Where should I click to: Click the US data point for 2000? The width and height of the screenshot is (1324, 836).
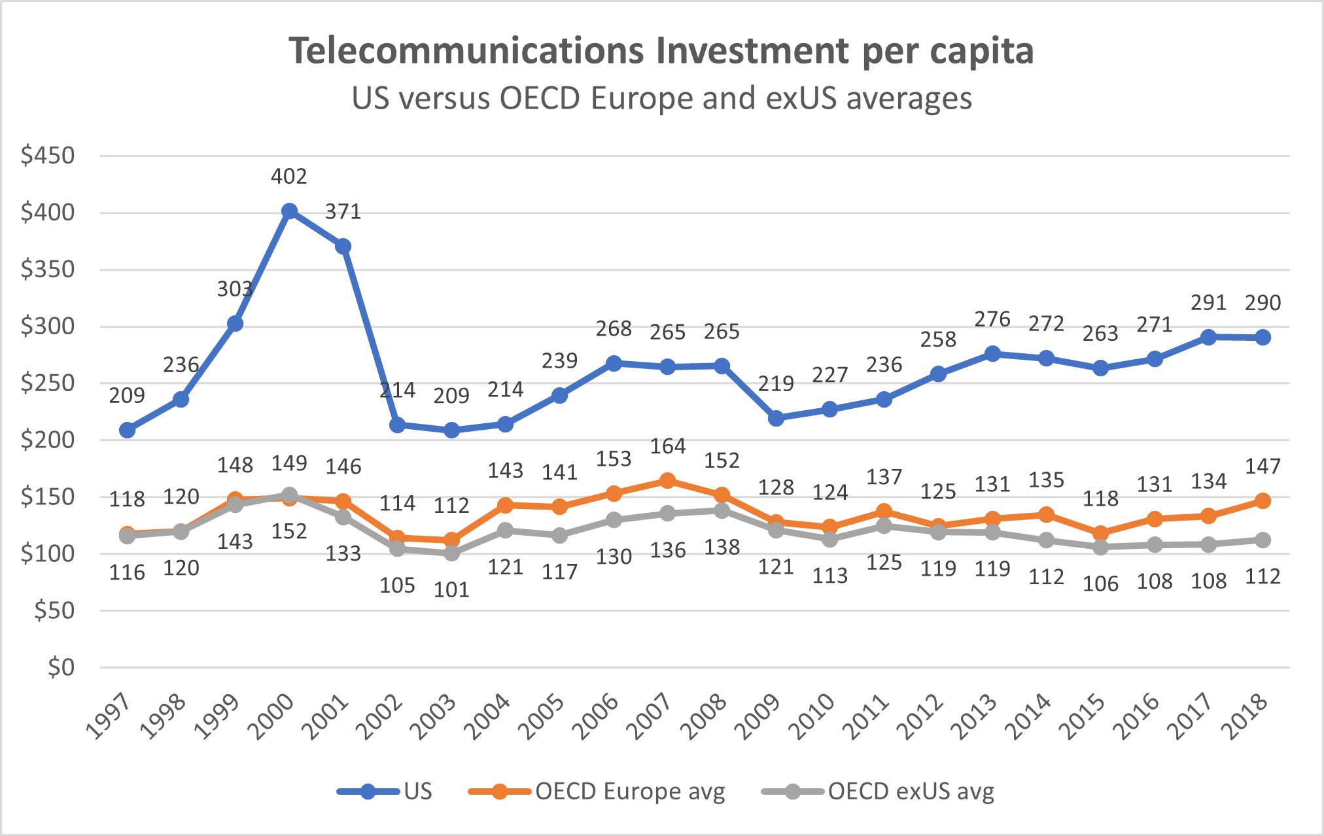(289, 211)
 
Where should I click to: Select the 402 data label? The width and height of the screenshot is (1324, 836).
(289, 177)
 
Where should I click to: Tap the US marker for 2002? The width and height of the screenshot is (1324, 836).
(397, 425)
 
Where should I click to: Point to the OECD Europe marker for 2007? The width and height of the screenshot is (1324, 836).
(667, 481)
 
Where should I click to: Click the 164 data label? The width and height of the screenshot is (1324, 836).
(667, 446)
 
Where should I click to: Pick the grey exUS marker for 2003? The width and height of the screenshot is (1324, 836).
(451, 553)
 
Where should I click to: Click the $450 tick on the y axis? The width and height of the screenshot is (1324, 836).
(48, 156)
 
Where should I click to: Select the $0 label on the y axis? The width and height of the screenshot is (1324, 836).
(61, 667)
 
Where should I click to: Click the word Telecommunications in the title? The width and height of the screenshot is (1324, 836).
(468, 51)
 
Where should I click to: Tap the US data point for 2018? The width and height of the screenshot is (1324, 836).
(1263, 338)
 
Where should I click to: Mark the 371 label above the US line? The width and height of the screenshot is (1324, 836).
(343, 212)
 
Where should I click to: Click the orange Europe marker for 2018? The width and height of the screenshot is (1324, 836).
(1263, 501)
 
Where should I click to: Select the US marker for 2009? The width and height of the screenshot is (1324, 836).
(776, 419)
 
